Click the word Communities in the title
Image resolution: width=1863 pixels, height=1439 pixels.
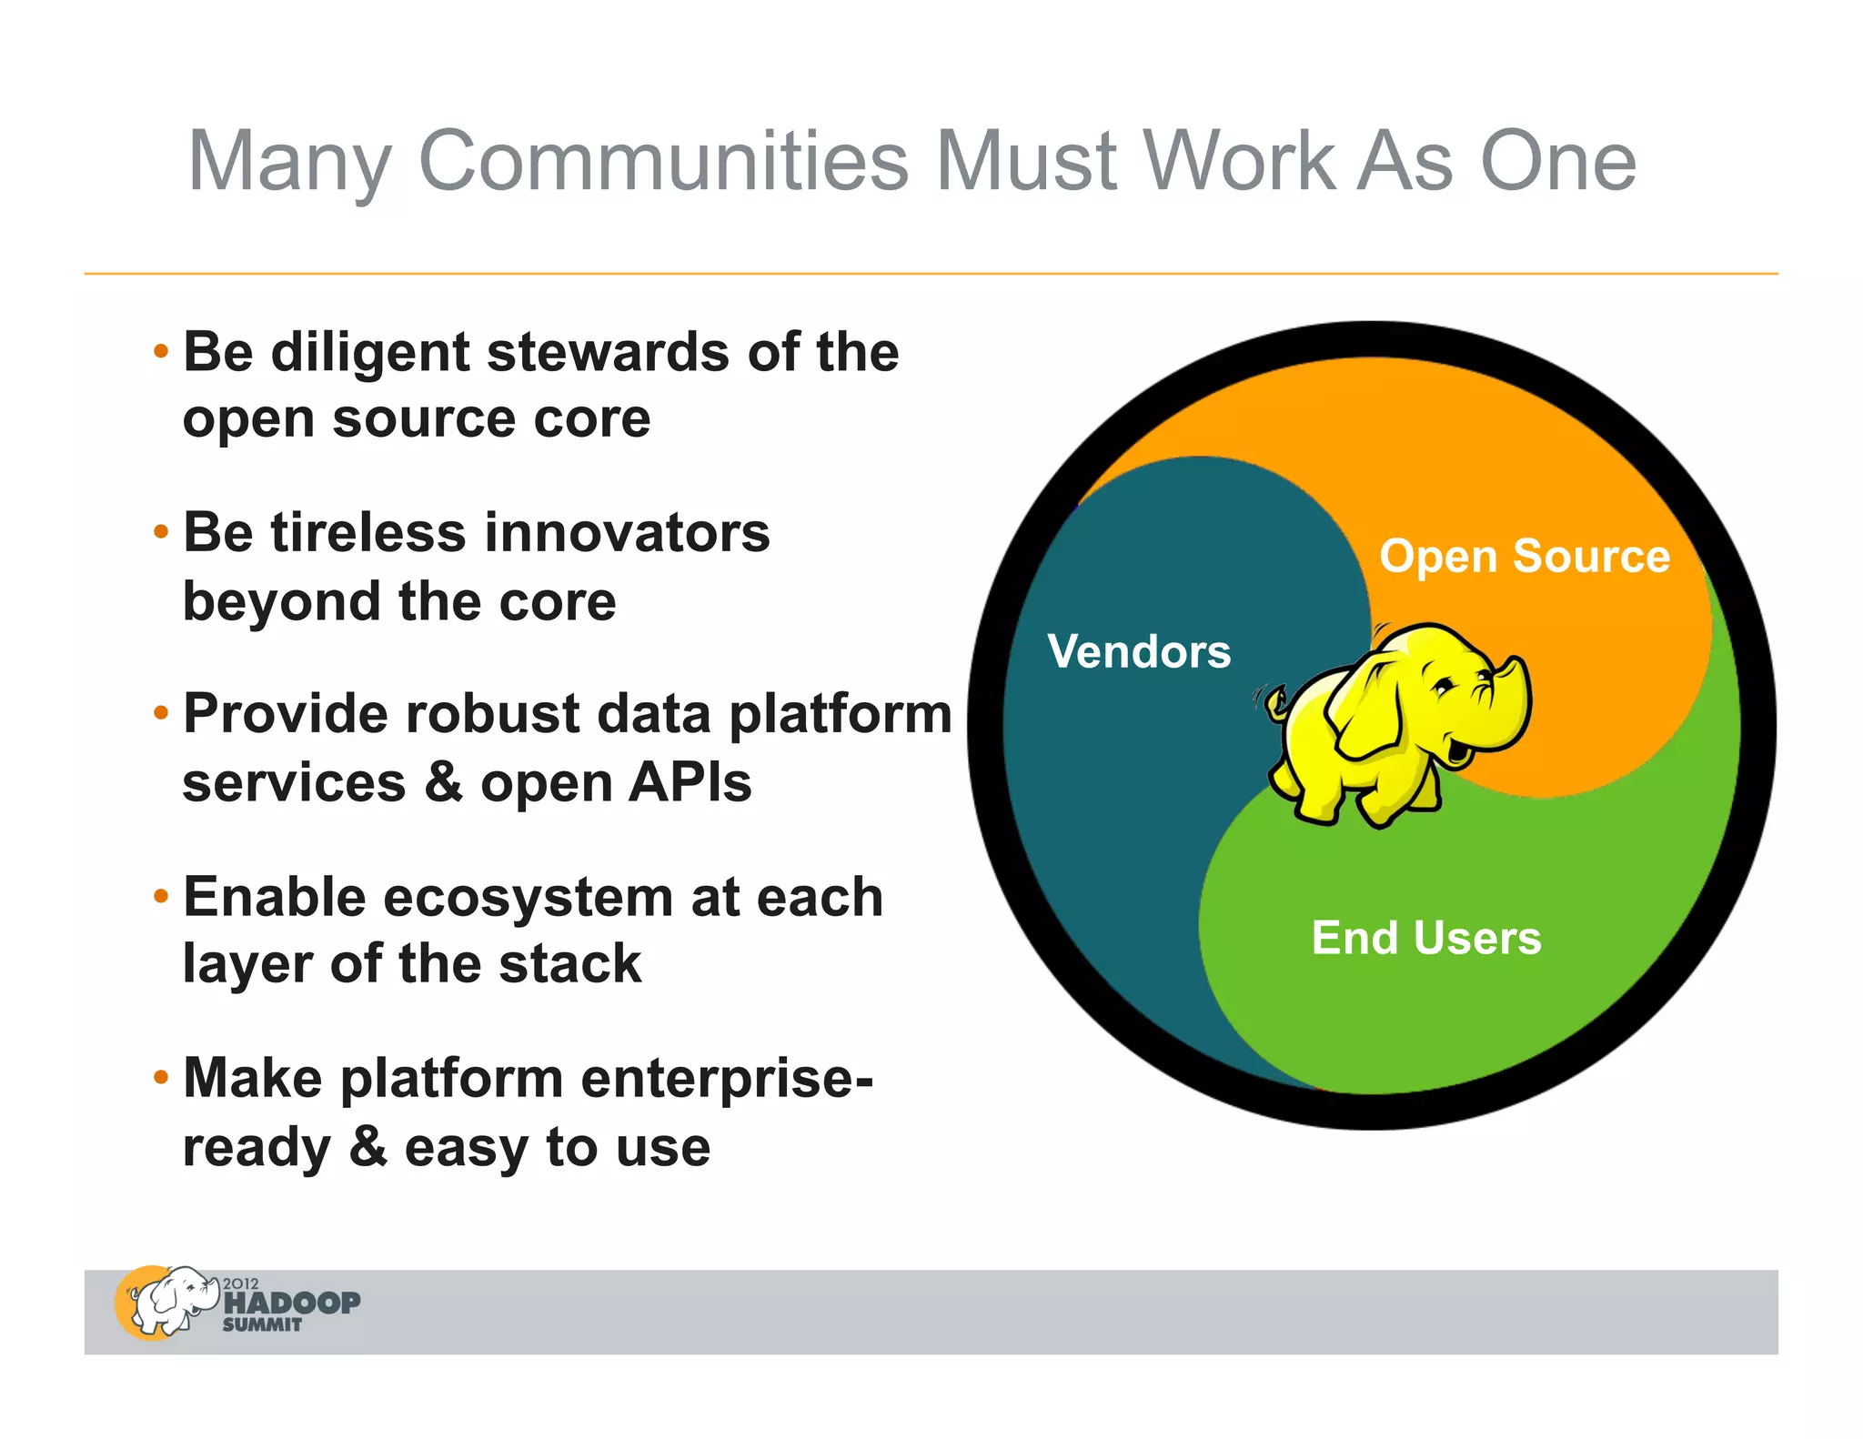(x=663, y=161)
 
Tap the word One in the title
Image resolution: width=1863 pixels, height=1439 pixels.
(x=1557, y=161)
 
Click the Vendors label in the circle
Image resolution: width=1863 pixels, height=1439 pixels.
(x=1139, y=651)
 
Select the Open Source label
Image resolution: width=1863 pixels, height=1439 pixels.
(x=1525, y=556)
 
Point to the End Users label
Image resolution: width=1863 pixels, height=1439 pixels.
(x=1426, y=938)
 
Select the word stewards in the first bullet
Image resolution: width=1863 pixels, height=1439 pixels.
(x=608, y=352)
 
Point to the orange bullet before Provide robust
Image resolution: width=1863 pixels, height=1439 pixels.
(x=161, y=713)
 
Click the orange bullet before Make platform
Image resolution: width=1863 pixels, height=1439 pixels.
(x=161, y=1078)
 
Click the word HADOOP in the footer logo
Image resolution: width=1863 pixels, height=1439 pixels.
(x=292, y=1303)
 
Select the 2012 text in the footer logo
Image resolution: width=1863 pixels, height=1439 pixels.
(x=241, y=1283)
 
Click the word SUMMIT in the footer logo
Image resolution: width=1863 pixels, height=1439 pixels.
(x=262, y=1325)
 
